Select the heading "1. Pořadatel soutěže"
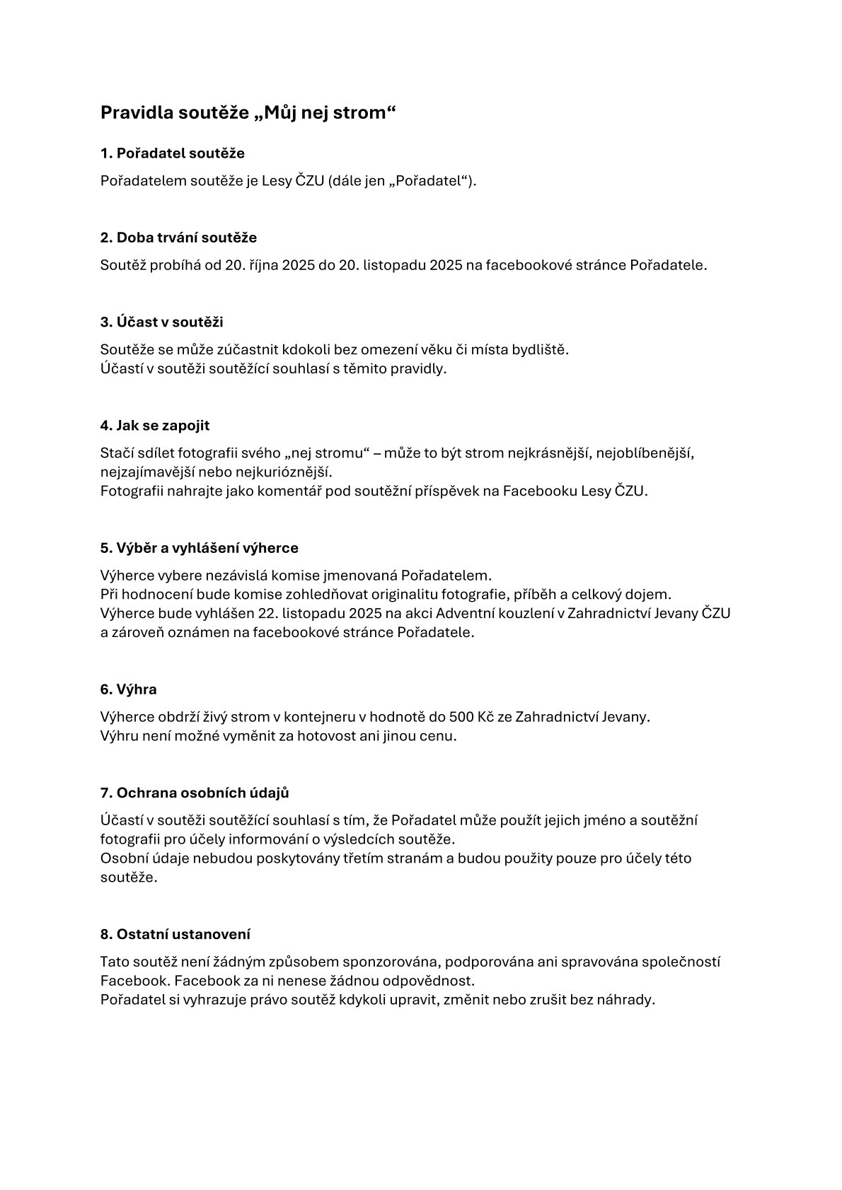(173, 153)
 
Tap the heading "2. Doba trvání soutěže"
(178, 237)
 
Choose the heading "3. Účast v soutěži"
(161, 322)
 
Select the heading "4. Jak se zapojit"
(155, 426)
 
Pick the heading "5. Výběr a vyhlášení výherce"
(199, 548)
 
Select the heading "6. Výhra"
(128, 689)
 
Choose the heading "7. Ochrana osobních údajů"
(195, 793)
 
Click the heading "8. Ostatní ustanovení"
(175, 934)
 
